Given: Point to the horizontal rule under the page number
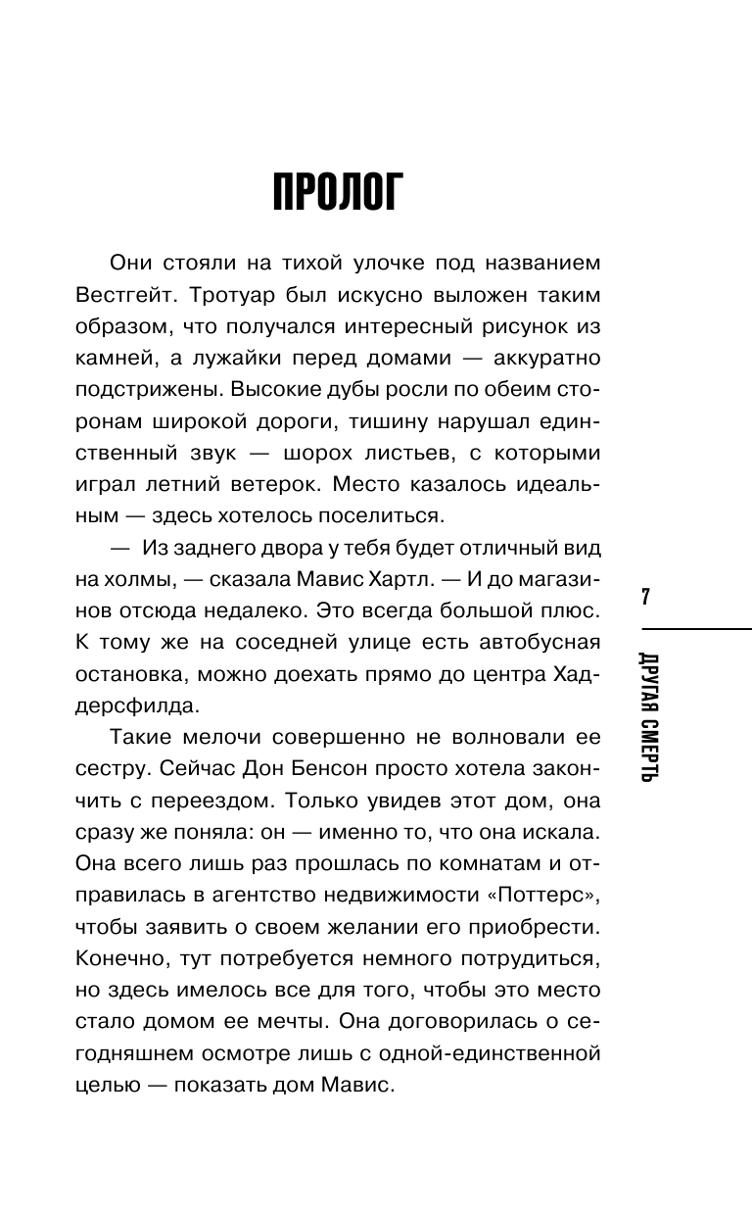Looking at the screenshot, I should [696, 629].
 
